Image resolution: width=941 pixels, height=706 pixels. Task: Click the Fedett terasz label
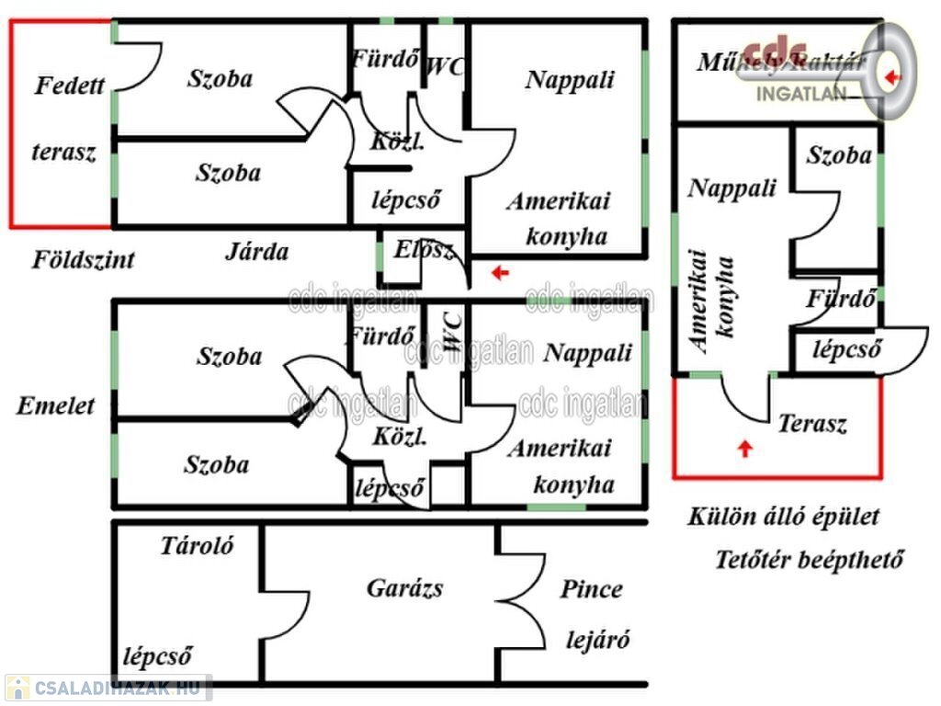pos(67,120)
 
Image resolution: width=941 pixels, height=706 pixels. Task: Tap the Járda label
pos(257,252)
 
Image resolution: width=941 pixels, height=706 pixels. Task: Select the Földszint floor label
pos(84,259)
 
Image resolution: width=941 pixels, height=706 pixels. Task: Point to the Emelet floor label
pos(55,406)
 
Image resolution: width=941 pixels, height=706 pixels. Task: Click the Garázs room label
pos(404,588)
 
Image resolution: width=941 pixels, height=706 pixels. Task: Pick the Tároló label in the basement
pos(197,546)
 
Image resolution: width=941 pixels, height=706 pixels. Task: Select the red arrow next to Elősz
pos(499,272)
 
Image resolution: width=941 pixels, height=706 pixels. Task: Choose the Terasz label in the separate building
pos(812,424)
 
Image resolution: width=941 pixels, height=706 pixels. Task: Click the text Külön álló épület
pos(784,517)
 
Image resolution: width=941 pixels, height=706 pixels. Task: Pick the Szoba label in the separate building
pos(839,155)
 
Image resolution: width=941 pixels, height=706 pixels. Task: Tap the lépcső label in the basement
pos(157,656)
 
